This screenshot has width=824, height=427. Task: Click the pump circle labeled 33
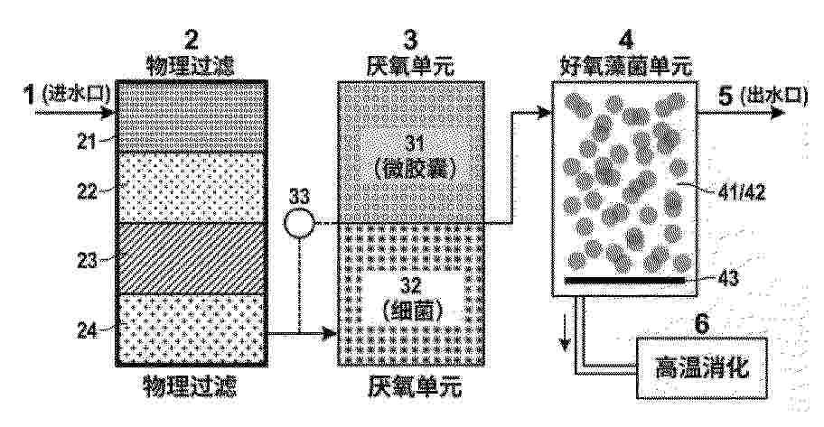click(x=299, y=223)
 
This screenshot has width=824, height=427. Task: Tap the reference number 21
click(x=87, y=142)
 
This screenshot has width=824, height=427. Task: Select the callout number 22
click(x=88, y=191)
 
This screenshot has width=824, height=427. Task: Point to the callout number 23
click(x=88, y=261)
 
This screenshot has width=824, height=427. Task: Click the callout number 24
click(x=88, y=330)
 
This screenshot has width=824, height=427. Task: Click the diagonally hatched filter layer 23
click(x=192, y=258)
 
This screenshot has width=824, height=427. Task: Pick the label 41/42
click(x=741, y=193)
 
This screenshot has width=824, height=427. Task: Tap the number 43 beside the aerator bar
click(x=727, y=278)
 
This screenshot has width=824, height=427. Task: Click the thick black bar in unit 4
click(x=624, y=280)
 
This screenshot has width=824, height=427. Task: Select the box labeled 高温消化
click(x=701, y=367)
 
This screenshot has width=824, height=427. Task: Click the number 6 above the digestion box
click(x=701, y=324)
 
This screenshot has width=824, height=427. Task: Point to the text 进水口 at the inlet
click(x=75, y=95)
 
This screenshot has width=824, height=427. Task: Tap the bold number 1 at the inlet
click(x=30, y=95)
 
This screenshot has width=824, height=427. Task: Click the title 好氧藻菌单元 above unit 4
click(x=625, y=67)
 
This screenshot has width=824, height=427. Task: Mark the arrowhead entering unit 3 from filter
click(x=331, y=333)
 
